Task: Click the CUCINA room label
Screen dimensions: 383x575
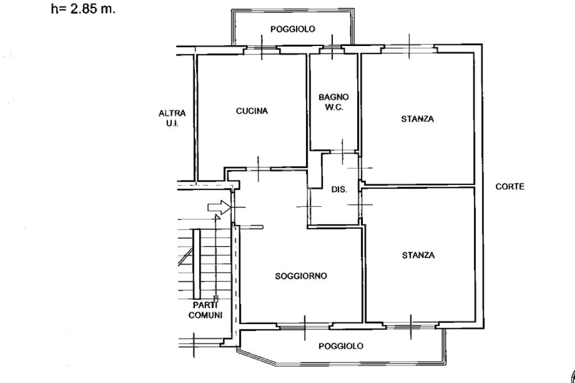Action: (252, 111)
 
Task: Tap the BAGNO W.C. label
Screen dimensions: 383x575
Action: (334, 101)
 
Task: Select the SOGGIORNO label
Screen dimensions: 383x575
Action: (301, 276)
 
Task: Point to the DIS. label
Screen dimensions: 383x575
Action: (339, 190)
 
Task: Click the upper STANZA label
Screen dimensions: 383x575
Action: (417, 119)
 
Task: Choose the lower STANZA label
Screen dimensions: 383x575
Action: (418, 255)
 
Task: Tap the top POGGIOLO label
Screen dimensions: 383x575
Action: (293, 29)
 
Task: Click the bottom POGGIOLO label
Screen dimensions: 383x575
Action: (341, 346)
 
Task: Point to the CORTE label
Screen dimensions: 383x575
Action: (510, 187)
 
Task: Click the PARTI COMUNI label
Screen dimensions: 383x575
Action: (205, 310)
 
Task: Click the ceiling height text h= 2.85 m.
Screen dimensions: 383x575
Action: (83, 10)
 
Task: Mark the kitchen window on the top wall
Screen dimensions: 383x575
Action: (262, 50)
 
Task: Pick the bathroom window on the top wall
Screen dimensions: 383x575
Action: (332, 50)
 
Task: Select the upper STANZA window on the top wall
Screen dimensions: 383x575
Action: (409, 49)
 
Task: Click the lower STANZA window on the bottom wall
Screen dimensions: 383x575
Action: (410, 325)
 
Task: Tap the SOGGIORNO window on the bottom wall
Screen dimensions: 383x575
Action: (304, 325)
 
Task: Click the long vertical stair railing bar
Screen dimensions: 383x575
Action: (196, 264)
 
